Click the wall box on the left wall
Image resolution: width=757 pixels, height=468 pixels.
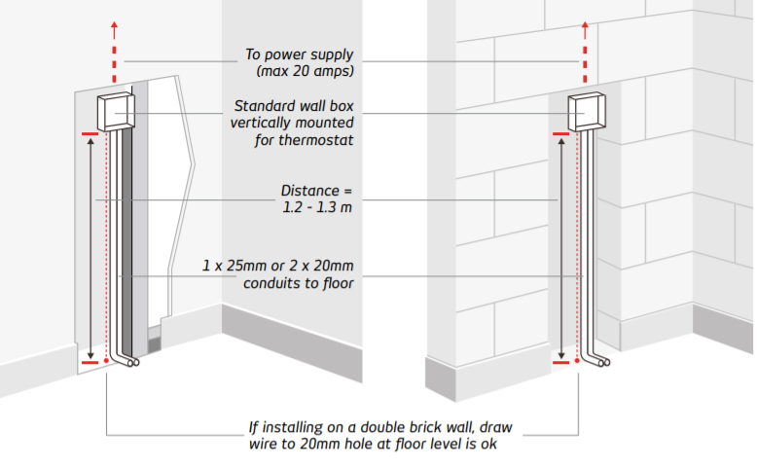[116, 113]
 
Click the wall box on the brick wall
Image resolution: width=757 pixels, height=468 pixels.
[588, 113]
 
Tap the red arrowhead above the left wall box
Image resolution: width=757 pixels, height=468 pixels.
[116, 22]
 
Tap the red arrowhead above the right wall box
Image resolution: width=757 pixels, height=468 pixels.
[586, 22]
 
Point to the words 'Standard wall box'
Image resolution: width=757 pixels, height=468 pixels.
[294, 107]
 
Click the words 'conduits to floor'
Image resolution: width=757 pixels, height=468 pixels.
[296, 282]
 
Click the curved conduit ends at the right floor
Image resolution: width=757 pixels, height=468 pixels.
[598, 362]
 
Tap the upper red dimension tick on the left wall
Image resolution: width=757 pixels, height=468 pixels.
[90, 132]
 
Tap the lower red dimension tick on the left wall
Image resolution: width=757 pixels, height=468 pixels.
[90, 362]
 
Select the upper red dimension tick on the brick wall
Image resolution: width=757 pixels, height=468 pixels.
[560, 132]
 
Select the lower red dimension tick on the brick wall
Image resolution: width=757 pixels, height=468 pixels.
[560, 362]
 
